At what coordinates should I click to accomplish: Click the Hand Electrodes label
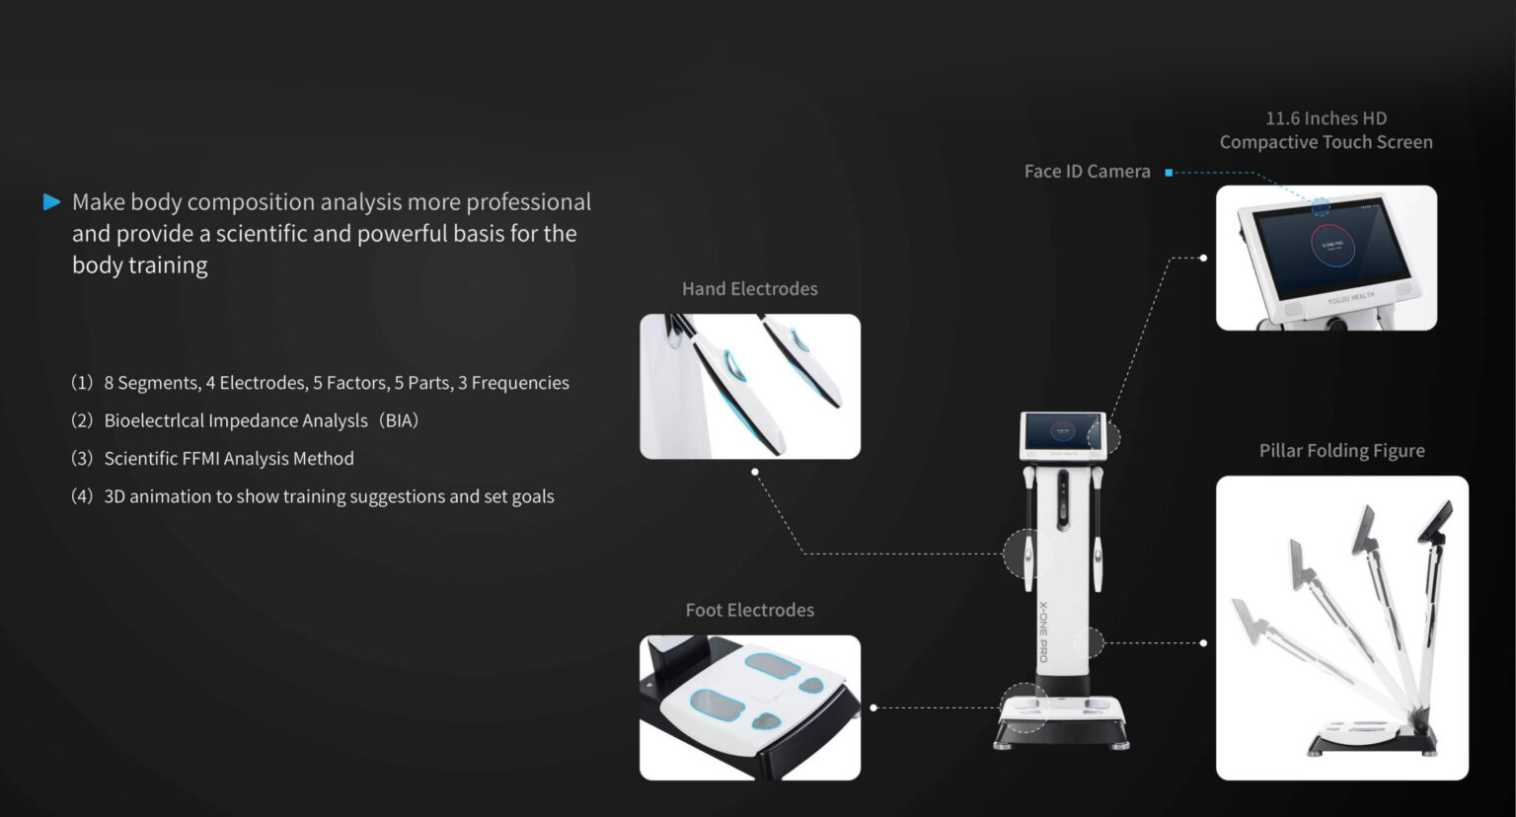pyautogui.click(x=750, y=289)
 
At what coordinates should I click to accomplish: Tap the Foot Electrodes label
pyautogui.click(x=750, y=610)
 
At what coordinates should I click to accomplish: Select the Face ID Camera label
pyautogui.click(x=1087, y=172)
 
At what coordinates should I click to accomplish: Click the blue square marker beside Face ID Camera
pyautogui.click(x=1169, y=173)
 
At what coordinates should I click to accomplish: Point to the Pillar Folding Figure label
pyautogui.click(x=1342, y=451)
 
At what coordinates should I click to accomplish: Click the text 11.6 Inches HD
pyautogui.click(x=1326, y=118)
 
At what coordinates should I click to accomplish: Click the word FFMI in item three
pyautogui.click(x=201, y=459)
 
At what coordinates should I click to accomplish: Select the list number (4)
pyautogui.click(x=82, y=496)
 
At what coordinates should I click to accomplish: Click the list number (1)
pyautogui.click(x=82, y=383)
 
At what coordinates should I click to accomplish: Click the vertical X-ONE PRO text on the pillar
pyautogui.click(x=1043, y=631)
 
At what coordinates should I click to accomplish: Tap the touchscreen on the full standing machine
pyautogui.click(x=1062, y=432)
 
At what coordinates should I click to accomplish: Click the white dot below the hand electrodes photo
pyautogui.click(x=755, y=472)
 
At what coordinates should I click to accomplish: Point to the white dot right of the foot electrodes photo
pyautogui.click(x=873, y=708)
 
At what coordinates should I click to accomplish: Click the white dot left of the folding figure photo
pyautogui.click(x=1203, y=643)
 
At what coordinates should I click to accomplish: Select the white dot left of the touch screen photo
pyautogui.click(x=1203, y=258)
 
